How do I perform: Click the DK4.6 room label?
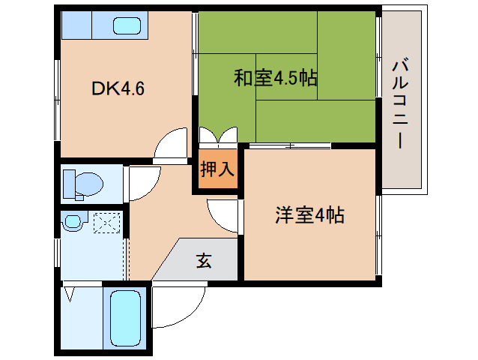(118, 89)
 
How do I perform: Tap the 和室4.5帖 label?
(275, 77)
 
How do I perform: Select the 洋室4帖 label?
(309, 216)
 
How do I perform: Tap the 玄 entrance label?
(204, 260)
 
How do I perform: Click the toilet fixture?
(83, 183)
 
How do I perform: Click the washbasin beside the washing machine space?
(73, 222)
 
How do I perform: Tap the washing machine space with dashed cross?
(105, 223)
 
